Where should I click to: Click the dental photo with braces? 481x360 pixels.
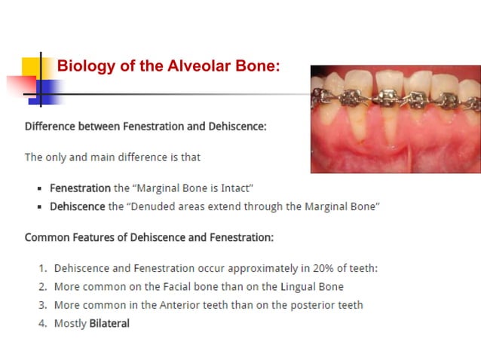(395, 119)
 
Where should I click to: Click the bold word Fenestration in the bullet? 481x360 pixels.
(80, 188)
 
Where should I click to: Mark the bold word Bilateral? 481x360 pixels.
(109, 323)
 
